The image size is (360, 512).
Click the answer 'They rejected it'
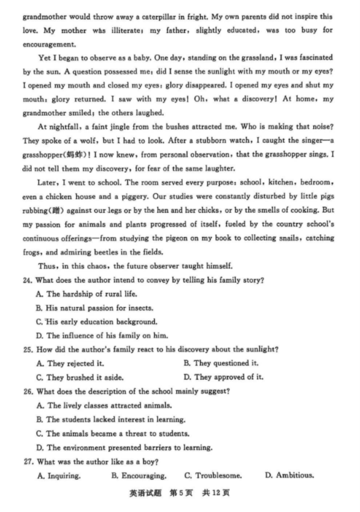(x=71, y=364)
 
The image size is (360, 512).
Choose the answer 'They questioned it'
(x=221, y=364)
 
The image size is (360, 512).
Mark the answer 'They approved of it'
(x=224, y=378)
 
